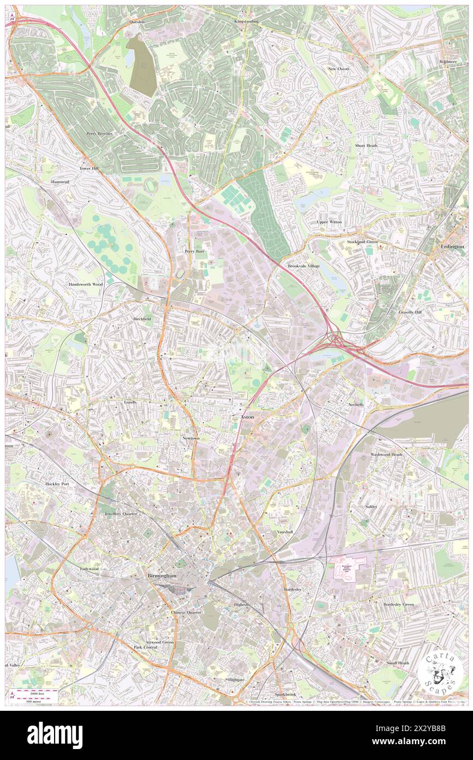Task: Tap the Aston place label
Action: coord(247,417)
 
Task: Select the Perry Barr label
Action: coord(194,251)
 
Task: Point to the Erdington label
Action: coord(452,247)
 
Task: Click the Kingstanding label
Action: coord(246,21)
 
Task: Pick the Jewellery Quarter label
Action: coord(121,515)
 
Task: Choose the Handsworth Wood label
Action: coord(86,285)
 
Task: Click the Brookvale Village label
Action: coord(304,266)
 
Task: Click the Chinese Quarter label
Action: coord(186,612)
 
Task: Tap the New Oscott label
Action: coord(339,69)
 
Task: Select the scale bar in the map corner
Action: coord(37,695)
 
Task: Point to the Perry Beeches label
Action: coord(99,133)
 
